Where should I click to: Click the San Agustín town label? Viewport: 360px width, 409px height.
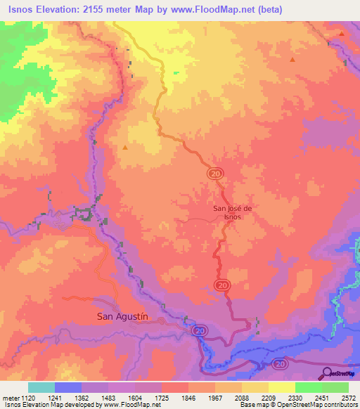coord(122,317)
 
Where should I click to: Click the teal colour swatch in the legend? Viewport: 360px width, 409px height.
coord(41,387)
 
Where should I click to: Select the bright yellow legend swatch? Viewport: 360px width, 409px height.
coord(281,387)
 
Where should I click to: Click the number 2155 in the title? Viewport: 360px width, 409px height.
coord(98,8)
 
